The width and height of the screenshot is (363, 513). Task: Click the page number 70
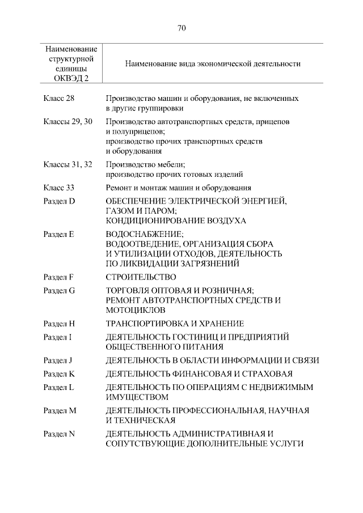pos(181,27)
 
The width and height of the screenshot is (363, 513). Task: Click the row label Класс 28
pos(59,98)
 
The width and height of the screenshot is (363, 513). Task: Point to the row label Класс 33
pos(59,188)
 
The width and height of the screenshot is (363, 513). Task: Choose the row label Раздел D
pos(60,201)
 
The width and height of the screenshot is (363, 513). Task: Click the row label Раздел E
pos(59,234)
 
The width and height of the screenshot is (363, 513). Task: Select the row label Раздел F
pos(59,277)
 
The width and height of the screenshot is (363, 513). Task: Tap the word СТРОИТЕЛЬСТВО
pos(141,277)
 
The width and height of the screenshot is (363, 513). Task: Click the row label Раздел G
pos(60,290)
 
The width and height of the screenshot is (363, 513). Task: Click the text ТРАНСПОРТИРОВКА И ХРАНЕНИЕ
pos(175,324)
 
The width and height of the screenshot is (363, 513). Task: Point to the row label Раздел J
pos(58,360)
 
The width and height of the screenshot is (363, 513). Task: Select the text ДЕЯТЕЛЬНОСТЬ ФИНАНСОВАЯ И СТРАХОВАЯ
pos(199,374)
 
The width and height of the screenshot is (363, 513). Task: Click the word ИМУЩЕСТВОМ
pos(137,397)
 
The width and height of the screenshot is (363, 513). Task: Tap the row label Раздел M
pos(60,410)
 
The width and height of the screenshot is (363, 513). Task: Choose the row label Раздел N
pos(60,434)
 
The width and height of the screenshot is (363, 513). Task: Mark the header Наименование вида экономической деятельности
pos(213,64)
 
